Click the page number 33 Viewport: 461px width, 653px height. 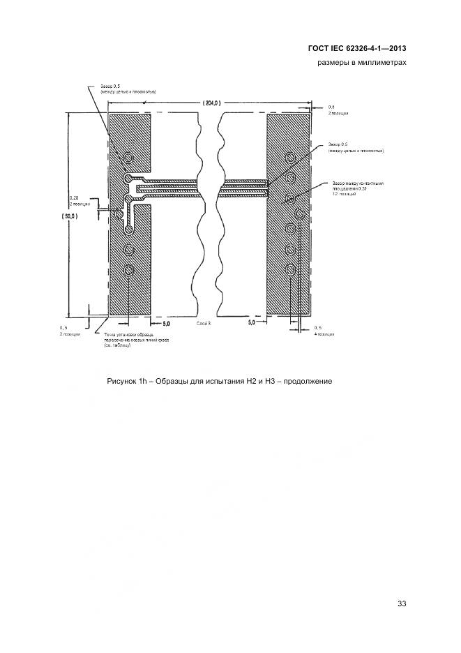tap(401, 603)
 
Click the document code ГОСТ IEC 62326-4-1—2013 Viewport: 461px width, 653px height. tap(356, 49)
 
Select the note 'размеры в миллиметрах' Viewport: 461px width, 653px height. tap(362, 63)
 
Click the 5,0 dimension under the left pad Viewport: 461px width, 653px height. tap(166, 323)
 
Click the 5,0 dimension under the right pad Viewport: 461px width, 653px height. tap(251, 323)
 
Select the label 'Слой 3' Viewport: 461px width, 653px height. tap(204, 324)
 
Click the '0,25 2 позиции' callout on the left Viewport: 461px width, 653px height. tap(79, 201)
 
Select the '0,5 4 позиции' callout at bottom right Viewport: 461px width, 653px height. tap(324, 331)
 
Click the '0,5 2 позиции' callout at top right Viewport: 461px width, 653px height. tap(338, 110)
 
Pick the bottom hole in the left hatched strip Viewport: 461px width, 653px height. tap(128, 271)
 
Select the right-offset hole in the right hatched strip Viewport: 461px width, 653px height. tap(299, 214)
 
